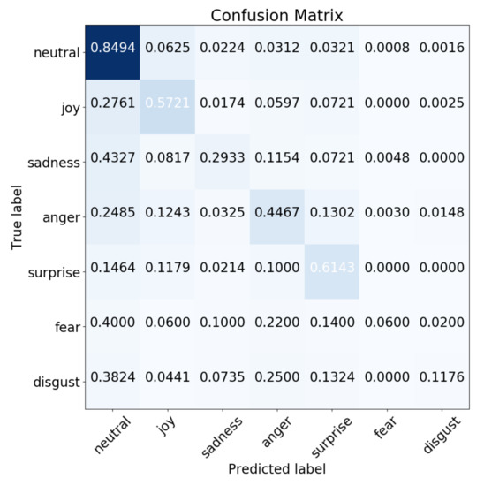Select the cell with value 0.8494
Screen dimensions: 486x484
tap(112, 51)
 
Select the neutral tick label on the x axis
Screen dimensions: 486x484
tap(110, 434)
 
